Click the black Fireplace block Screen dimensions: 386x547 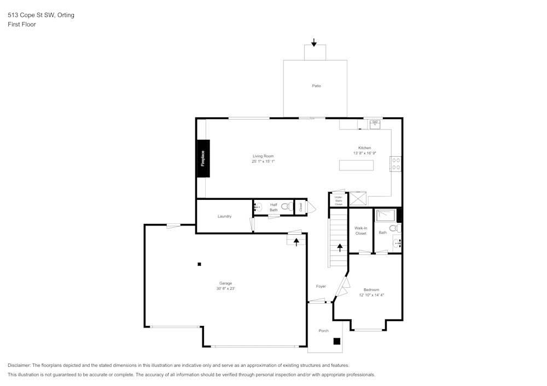(x=203, y=158)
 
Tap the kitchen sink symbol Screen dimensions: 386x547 (x=375, y=124)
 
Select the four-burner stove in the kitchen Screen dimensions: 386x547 (x=396, y=164)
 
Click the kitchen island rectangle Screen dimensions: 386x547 (x=356, y=165)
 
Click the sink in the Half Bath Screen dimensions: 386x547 (x=258, y=207)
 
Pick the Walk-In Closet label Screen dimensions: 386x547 (x=360, y=230)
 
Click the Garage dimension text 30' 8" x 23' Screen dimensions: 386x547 (x=225, y=288)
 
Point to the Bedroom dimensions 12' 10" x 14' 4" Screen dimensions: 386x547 (x=371, y=295)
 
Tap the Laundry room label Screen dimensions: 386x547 (x=224, y=216)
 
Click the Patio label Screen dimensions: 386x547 (x=316, y=86)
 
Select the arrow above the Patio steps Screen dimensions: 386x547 (x=314, y=42)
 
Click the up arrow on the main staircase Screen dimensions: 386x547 (x=340, y=247)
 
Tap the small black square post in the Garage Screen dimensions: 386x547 (x=199, y=264)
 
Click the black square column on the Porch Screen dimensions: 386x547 (x=337, y=341)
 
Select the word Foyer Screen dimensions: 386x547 (x=321, y=286)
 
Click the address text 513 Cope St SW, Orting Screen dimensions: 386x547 (x=41, y=15)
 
